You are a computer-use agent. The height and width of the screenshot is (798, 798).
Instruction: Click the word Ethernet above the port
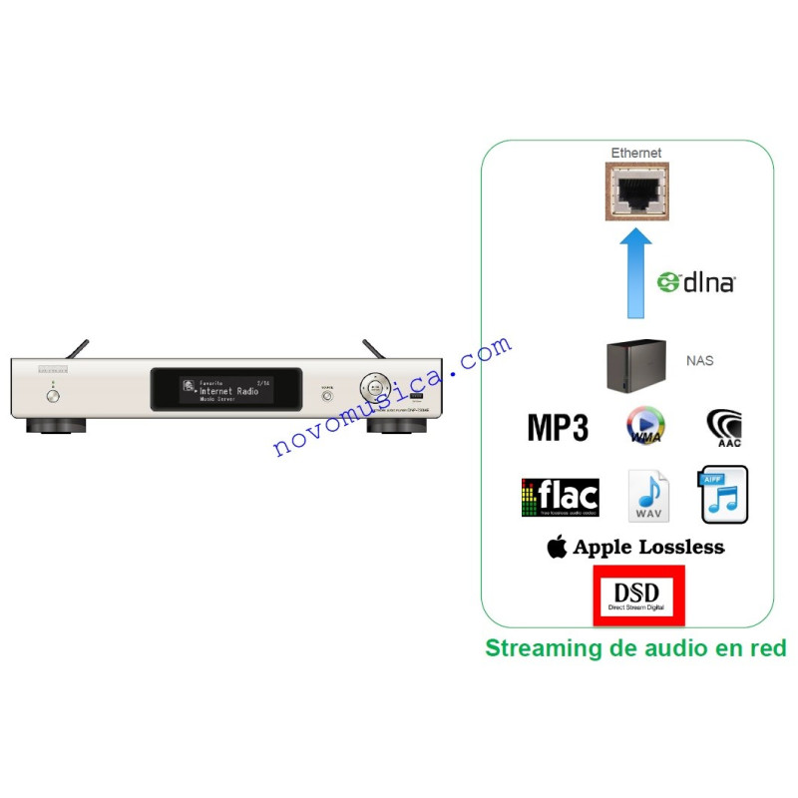tap(635, 153)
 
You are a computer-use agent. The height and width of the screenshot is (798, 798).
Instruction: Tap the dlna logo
tap(695, 282)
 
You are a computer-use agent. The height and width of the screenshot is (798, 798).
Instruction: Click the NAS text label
tap(699, 360)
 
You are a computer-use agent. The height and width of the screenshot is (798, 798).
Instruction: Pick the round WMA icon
tap(646, 426)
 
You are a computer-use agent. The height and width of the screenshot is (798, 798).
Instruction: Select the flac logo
tap(560, 497)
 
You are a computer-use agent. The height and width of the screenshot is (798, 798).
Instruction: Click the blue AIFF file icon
tap(724, 495)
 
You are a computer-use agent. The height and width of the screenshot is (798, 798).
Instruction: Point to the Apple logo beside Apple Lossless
tap(557, 547)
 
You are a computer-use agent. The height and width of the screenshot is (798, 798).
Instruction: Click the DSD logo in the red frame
tap(638, 596)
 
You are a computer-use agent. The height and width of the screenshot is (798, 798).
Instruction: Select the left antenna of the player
tap(77, 348)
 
